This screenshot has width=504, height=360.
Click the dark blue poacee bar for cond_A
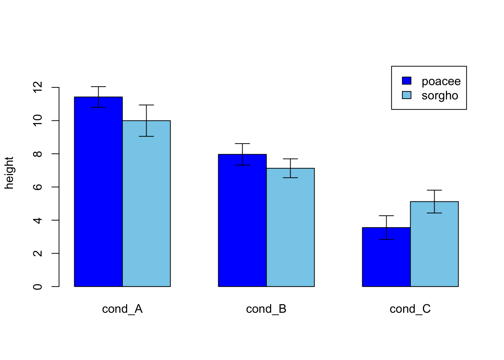[98, 195]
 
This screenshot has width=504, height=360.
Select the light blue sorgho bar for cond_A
[146, 206]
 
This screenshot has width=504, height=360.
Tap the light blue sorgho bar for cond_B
[290, 229]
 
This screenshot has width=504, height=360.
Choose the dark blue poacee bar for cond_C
[386, 259]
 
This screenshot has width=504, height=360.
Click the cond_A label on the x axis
[122, 309]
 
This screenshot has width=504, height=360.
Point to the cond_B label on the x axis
[266, 309]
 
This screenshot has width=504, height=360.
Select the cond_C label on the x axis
[410, 309]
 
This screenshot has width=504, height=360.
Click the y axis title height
[9, 173]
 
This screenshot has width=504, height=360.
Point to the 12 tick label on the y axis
[38, 87]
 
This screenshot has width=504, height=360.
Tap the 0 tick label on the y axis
[38, 286]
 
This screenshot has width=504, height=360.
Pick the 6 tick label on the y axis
[38, 187]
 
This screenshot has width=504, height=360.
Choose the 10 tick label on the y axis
[38, 120]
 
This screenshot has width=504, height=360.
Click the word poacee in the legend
[441, 81]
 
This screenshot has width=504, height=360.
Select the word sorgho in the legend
[440, 96]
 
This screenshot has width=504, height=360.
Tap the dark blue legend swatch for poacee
[406, 81]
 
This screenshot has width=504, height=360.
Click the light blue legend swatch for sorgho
[406, 95]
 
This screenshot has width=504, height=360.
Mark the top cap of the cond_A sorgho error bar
[146, 105]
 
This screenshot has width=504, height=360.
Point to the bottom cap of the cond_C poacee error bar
[386, 239]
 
